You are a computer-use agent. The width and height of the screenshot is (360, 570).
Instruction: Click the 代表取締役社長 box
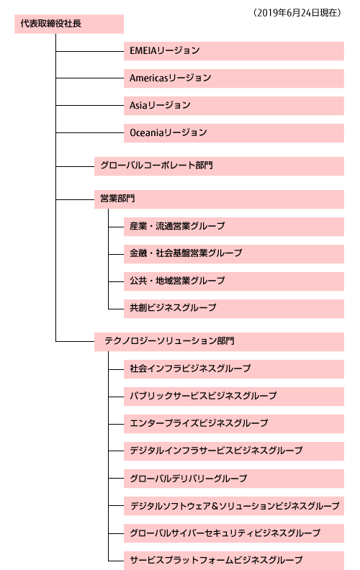coord(69,24)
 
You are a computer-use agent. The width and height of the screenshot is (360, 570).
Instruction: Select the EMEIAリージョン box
coord(234,51)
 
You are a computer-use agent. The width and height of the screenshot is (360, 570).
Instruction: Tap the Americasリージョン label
coord(170,78)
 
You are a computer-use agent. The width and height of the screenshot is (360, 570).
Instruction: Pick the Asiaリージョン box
coord(234,106)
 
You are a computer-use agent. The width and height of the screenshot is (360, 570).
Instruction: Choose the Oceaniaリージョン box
coord(234,133)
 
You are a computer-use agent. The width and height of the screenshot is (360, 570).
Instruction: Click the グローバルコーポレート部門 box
coord(220,166)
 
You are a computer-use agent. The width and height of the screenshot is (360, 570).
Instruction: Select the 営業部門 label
coord(117,199)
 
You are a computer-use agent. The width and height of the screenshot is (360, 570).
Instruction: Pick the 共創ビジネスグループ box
coord(234,309)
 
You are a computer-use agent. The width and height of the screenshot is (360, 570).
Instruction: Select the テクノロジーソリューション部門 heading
coord(169,340)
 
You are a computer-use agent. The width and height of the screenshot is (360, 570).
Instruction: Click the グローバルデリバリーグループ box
coord(234,479)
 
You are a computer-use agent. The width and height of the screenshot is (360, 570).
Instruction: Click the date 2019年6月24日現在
coord(297,13)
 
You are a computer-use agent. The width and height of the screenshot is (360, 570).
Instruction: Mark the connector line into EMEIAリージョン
coord(90,51)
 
